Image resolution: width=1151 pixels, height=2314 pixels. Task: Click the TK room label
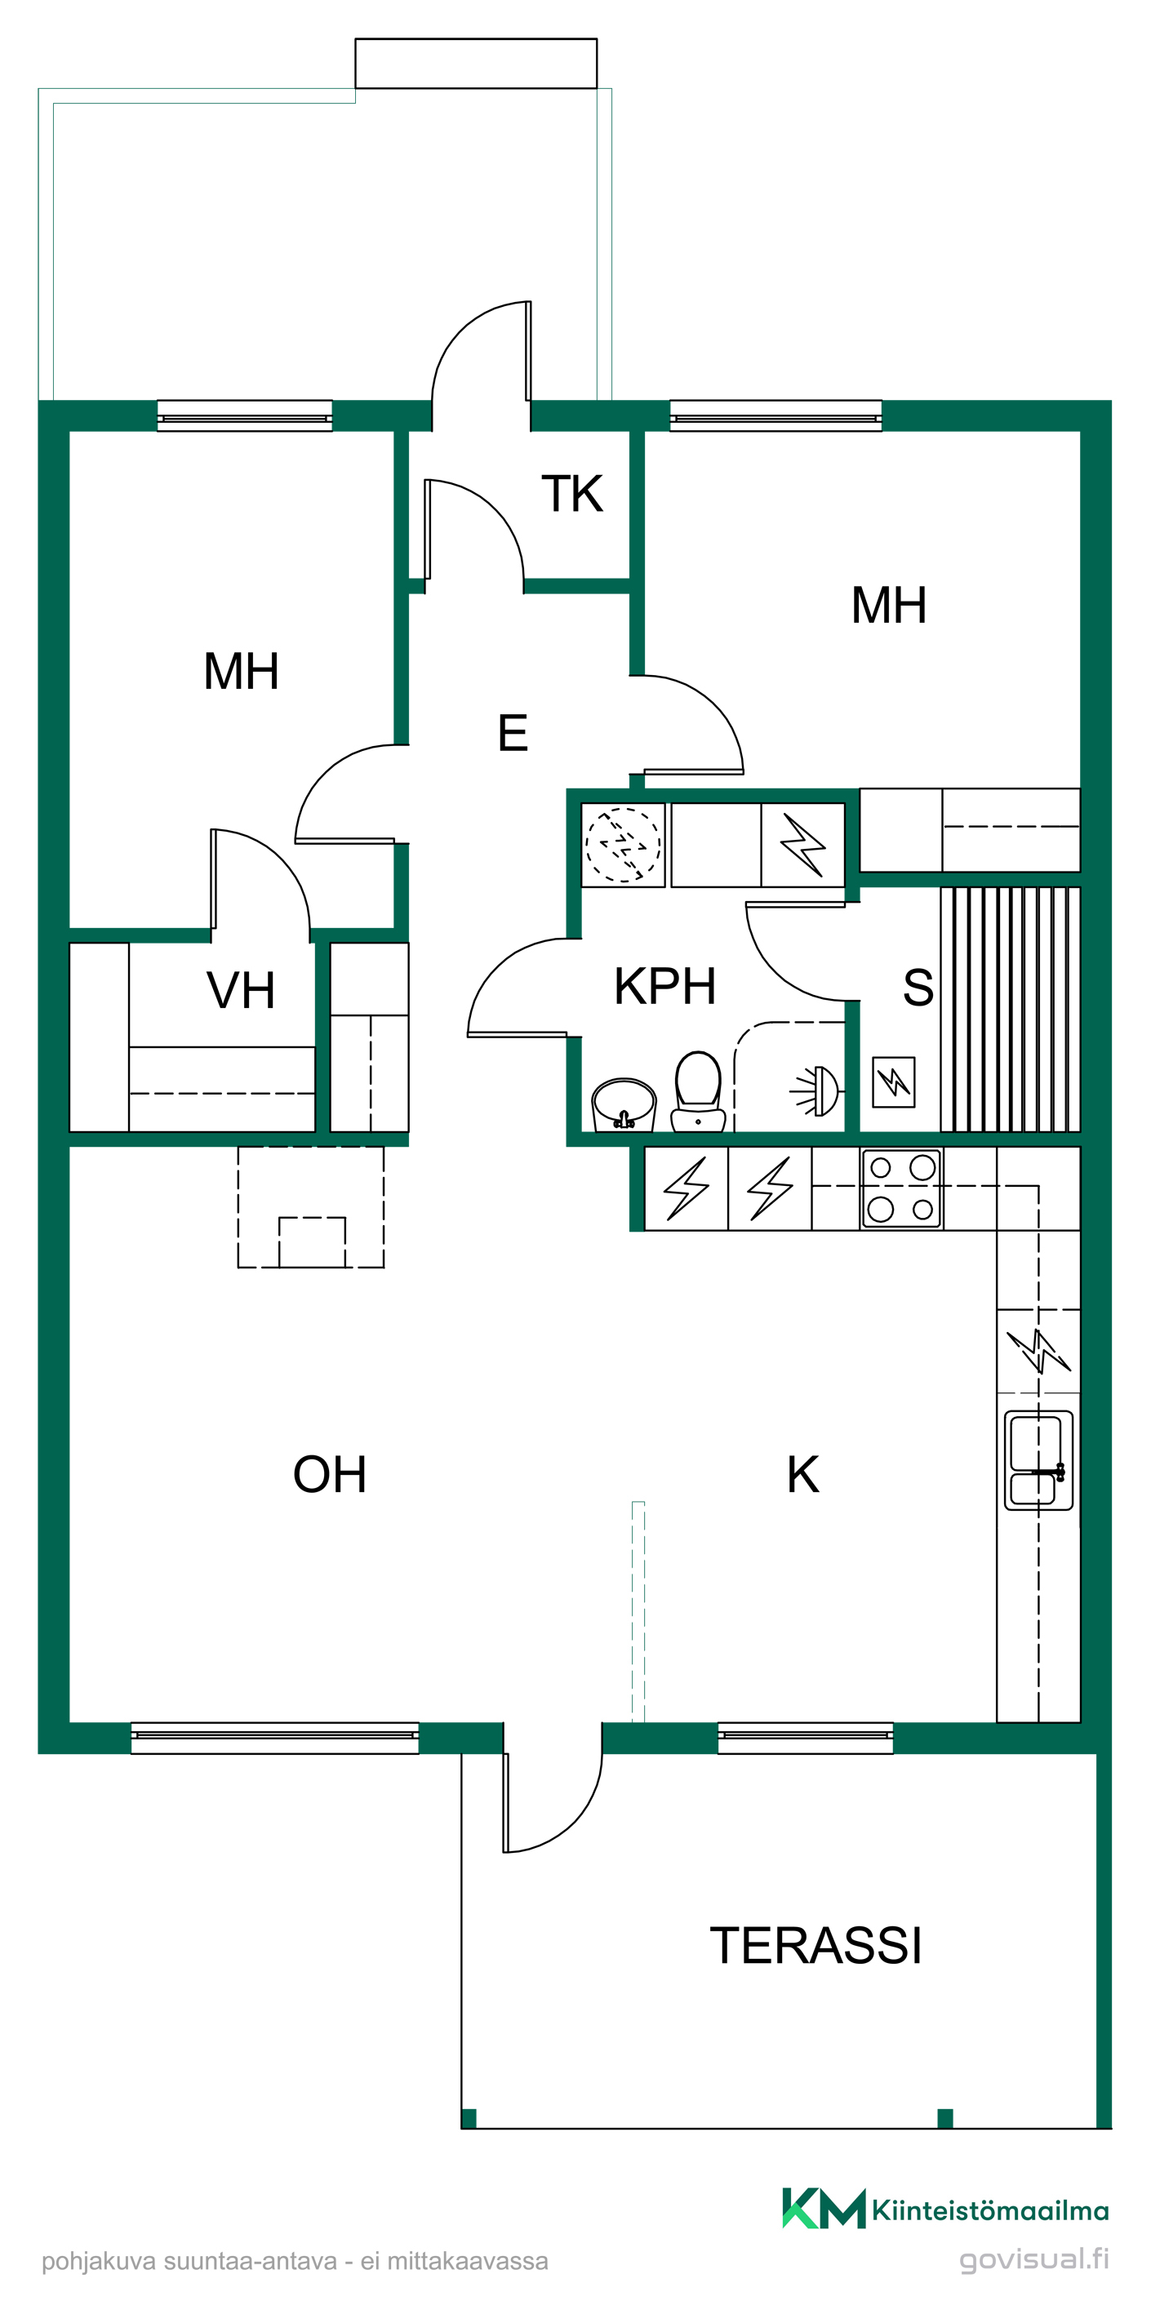coord(572,493)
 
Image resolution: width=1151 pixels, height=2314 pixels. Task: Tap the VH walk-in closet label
coord(241,990)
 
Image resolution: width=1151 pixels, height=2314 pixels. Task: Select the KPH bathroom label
coord(665,985)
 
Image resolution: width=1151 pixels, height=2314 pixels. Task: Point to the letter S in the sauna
coord(918,987)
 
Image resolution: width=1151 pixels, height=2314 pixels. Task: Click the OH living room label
coord(330,1474)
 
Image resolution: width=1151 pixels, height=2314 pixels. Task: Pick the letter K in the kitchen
coord(802,1474)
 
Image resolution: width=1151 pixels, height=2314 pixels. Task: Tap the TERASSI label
coord(815,1945)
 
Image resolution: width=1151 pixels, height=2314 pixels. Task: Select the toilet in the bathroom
coord(698,1091)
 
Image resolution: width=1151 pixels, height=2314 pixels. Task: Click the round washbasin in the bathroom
coord(624,1103)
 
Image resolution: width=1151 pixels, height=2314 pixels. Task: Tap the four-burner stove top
coord(901,1188)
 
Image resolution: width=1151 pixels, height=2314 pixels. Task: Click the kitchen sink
coord(1038,1459)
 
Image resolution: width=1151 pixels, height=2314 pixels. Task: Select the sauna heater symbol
coord(894,1081)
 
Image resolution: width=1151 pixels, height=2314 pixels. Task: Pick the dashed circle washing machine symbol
coord(623,845)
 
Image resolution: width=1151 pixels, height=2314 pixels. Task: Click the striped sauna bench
coord(1010,1009)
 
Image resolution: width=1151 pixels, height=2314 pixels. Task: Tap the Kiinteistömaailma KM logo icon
coord(823,2209)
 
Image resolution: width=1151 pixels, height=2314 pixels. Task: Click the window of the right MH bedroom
coord(775,416)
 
